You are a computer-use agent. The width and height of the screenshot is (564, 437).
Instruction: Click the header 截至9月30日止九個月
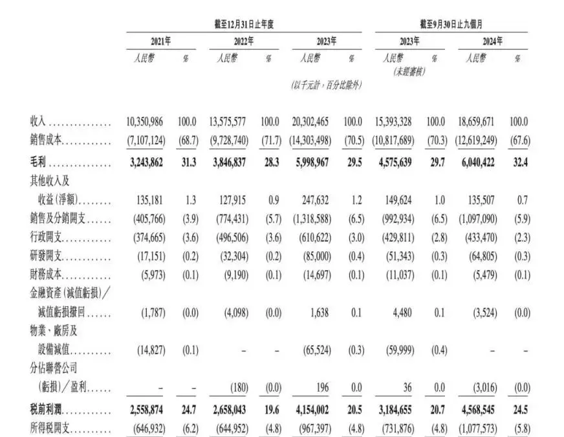[x=451, y=24]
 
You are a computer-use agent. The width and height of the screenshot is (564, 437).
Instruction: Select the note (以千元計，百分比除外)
[x=326, y=85]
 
